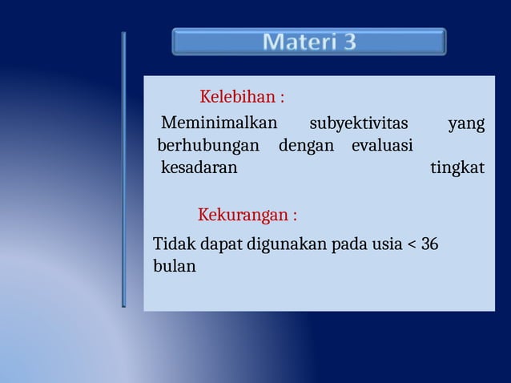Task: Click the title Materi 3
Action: (309, 42)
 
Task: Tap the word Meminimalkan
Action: (219, 123)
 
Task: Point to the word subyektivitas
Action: (358, 123)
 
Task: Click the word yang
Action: (466, 124)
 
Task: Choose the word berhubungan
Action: (208, 146)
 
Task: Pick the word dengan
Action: (306, 147)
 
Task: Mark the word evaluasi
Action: (382, 146)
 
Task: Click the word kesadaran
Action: (199, 168)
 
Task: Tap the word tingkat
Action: (457, 169)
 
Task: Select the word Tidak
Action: (170, 244)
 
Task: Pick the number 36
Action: (429, 244)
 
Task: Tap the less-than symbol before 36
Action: (412, 244)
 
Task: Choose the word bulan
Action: (174, 266)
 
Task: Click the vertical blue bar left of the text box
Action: (123, 169)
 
